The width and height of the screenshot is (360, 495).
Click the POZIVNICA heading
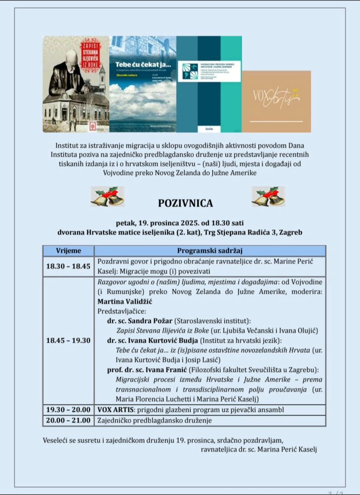tap(185, 203)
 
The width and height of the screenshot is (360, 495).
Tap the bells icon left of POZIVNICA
tap(107, 196)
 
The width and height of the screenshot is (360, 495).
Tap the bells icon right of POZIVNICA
tap(268, 196)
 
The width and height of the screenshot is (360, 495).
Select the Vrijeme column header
tap(68, 251)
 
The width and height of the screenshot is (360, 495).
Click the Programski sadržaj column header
tap(210, 251)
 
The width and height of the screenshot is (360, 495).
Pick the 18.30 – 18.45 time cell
tap(68, 266)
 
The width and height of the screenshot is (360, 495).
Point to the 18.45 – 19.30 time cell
tap(68, 340)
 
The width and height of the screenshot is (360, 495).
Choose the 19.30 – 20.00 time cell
tap(68, 409)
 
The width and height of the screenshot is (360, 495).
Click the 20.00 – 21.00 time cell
tap(68, 420)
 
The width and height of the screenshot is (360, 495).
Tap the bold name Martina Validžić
tap(126, 301)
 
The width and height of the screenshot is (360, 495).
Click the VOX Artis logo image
tap(276, 101)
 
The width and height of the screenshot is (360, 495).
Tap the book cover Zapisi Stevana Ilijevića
tap(76, 84)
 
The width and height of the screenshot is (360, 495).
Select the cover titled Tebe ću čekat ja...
tap(143, 84)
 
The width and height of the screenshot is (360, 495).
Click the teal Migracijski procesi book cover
tap(209, 84)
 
